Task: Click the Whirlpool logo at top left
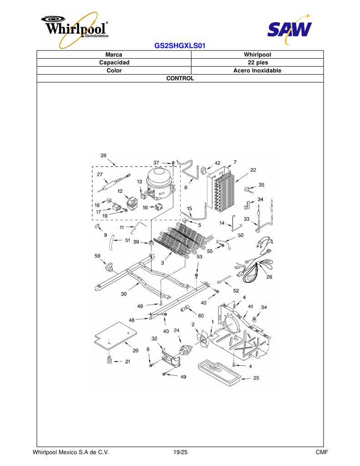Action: (75, 29)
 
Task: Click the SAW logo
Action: (289, 29)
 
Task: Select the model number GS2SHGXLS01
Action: (180, 46)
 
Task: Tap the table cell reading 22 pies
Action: (258, 62)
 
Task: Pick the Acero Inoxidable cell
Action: (258, 71)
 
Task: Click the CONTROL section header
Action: (180, 78)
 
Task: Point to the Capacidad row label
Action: (114, 62)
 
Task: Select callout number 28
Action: (103, 156)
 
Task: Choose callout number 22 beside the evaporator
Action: (253, 170)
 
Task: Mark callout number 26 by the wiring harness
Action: (269, 277)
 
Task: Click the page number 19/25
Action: (180, 452)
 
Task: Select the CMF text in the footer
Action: (322, 452)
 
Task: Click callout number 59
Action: (97, 256)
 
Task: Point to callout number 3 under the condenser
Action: (162, 263)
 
